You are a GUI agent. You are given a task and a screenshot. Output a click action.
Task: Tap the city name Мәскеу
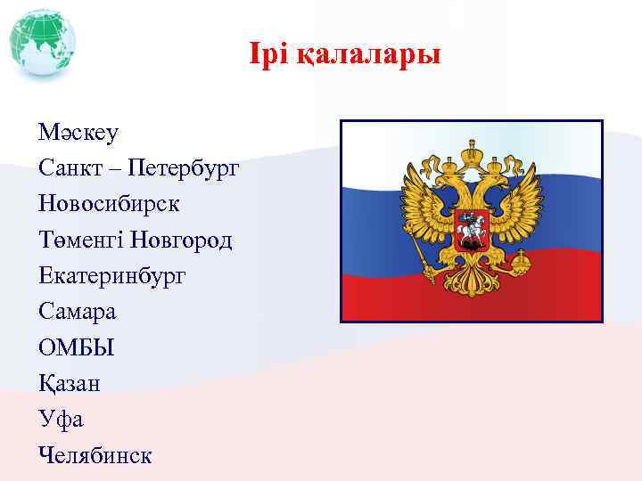[x=78, y=133]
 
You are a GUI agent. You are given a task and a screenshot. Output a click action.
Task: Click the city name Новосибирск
[x=109, y=203]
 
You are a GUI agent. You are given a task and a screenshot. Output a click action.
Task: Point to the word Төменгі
[x=80, y=240]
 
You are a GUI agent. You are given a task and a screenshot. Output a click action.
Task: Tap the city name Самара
[x=78, y=312]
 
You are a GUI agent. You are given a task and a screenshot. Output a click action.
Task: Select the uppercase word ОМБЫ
[x=77, y=347]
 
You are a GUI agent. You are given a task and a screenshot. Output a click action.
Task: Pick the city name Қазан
[x=70, y=384]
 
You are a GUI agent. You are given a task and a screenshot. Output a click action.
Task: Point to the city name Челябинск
[x=95, y=455]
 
